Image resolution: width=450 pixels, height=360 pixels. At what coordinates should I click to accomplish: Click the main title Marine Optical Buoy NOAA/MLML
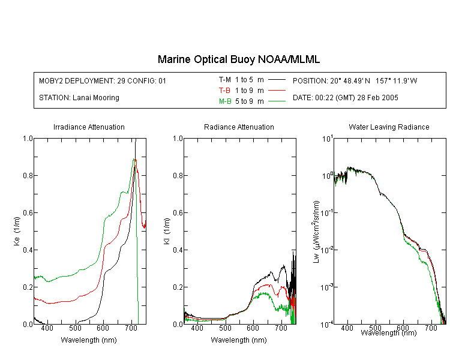238,59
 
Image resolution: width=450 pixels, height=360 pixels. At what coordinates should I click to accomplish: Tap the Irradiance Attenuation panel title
89,127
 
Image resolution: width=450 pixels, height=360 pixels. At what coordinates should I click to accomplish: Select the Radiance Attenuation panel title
239,127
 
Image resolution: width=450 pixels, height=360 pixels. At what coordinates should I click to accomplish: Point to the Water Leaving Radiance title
389,127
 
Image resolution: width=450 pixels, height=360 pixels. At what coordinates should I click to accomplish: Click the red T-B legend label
225,91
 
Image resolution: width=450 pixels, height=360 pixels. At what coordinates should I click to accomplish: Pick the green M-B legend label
225,101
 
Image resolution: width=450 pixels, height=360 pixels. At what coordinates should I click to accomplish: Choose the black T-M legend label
225,80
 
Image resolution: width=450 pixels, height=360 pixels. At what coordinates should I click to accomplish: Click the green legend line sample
277,101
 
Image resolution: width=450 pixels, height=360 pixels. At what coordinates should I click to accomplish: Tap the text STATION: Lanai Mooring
79,98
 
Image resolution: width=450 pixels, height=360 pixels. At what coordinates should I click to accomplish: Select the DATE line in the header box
345,98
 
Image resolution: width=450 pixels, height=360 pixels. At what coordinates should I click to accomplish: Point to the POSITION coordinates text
355,80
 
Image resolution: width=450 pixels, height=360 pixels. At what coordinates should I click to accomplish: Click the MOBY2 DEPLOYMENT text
103,80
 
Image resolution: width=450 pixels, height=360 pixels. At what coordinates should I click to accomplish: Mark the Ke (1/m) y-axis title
17,231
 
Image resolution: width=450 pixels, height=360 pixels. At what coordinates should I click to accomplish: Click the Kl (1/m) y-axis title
167,232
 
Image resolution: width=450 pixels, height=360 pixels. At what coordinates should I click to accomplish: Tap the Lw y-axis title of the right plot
316,232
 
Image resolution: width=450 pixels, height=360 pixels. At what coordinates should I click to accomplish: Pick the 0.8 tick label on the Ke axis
28,175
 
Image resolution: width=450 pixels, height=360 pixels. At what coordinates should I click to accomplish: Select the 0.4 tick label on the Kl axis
178,250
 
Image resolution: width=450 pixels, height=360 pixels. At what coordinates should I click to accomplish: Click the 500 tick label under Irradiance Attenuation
75,328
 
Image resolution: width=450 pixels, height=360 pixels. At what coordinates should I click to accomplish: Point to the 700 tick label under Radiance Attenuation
281,328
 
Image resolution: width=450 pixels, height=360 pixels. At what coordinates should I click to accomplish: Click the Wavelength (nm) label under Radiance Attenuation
239,340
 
